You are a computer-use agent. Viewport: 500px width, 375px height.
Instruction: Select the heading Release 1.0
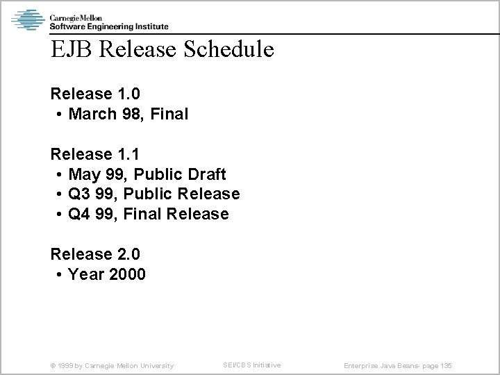91,93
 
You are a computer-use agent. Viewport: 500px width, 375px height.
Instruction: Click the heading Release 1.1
91,153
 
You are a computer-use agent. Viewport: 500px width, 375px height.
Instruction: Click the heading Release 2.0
91,254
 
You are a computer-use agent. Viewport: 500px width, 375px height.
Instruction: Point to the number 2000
126,274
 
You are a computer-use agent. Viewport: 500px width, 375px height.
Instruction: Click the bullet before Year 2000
60,275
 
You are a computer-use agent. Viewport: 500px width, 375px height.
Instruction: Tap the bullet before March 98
60,114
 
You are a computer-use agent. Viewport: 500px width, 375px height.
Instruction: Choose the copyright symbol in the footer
53,365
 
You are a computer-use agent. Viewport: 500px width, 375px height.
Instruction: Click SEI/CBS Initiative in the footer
251,365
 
